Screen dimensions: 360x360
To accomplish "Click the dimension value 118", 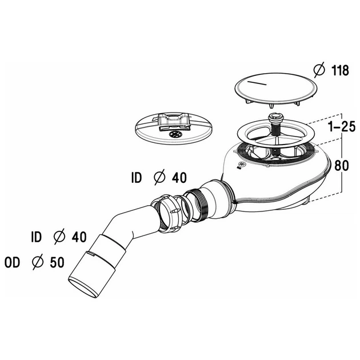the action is [340, 70].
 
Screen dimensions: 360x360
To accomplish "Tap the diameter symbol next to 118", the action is [319, 70].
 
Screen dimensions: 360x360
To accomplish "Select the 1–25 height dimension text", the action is [342, 126].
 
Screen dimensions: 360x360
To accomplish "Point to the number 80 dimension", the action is [341, 165].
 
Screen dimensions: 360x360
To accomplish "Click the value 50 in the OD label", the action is [57, 262].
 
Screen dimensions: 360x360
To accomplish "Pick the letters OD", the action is [12, 262].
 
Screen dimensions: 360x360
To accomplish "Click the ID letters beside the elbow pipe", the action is [36, 237].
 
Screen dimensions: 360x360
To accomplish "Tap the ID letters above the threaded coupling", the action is [137, 178].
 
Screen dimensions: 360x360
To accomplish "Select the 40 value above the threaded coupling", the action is [179, 178].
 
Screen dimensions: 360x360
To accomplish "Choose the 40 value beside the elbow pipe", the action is [79, 237].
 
